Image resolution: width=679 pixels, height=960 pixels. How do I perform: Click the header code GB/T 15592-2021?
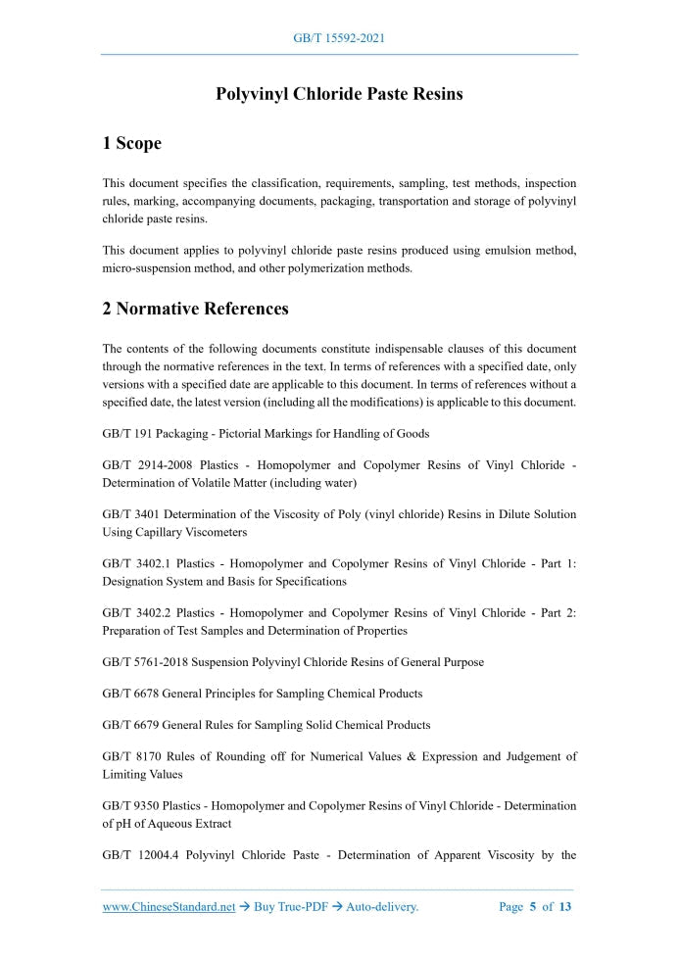click(339, 38)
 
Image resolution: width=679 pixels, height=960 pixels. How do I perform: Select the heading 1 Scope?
click(131, 143)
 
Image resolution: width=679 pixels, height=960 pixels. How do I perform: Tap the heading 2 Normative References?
click(195, 309)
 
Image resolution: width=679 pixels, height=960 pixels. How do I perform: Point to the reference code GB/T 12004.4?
click(140, 855)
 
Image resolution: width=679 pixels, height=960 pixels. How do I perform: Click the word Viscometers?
click(213, 532)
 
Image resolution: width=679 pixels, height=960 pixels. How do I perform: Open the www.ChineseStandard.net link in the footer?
click(169, 907)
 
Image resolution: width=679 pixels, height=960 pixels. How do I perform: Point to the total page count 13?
click(565, 907)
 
